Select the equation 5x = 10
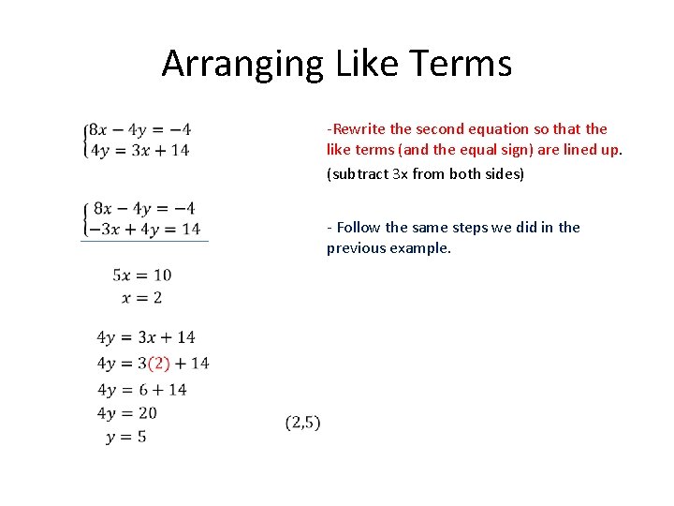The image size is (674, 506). (x=141, y=275)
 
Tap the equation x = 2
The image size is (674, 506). (x=141, y=297)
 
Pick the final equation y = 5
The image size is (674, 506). (x=125, y=437)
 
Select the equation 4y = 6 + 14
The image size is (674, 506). (x=141, y=390)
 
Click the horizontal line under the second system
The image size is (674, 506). (x=145, y=242)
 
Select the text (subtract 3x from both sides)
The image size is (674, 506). (x=425, y=174)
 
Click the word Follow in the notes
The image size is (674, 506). (x=358, y=227)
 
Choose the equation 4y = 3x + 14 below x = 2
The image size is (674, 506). (x=145, y=337)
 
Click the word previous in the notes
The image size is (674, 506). (x=355, y=248)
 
